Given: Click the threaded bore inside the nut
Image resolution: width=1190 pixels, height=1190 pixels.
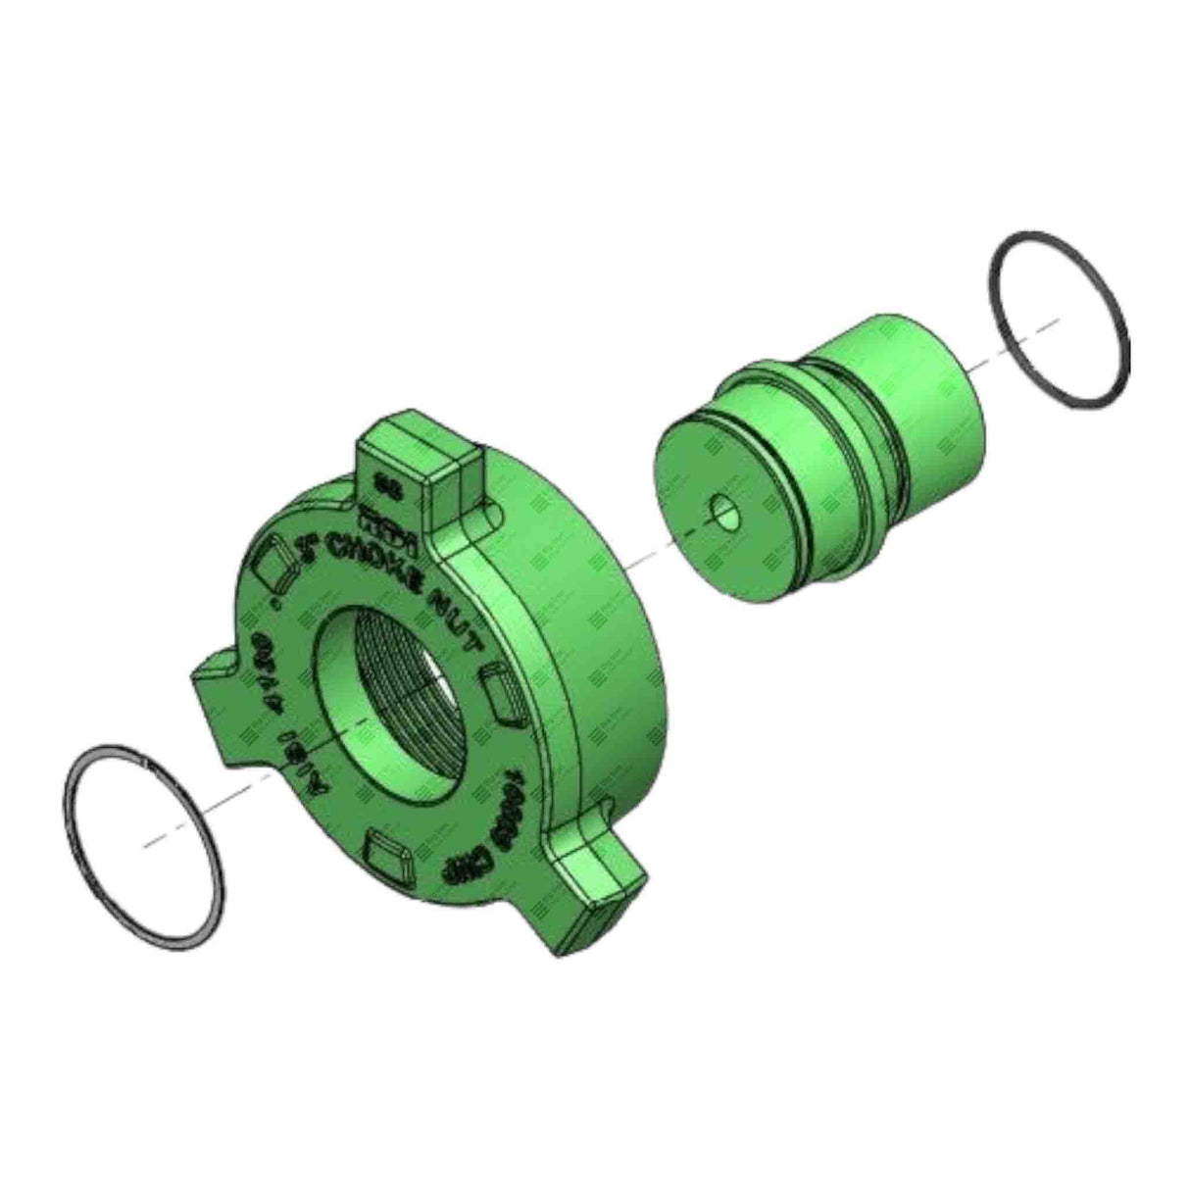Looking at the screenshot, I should click(x=412, y=686).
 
